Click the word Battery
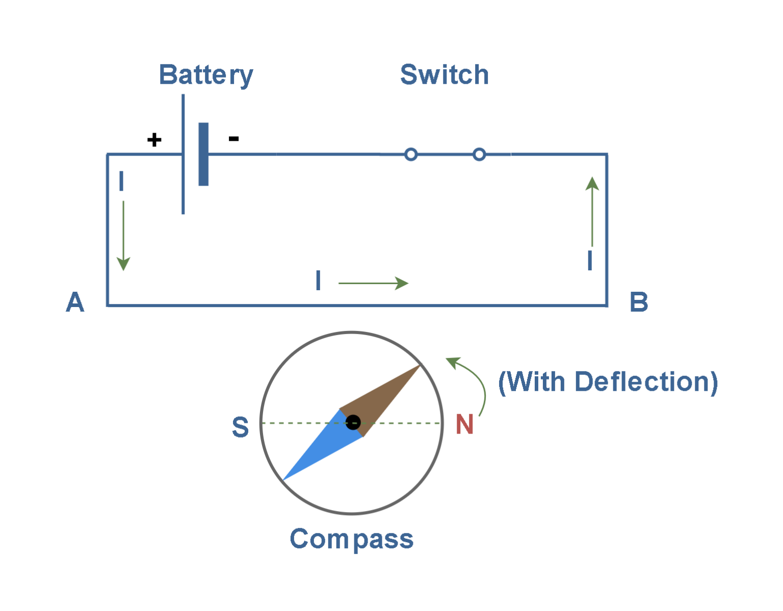(206, 75)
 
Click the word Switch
(444, 75)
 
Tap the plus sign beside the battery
(154, 140)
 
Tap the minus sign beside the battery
(234, 138)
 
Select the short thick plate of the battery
(203, 154)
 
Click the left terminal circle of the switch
(411, 155)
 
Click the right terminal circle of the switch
(479, 155)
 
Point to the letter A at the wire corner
(75, 302)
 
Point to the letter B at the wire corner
(639, 302)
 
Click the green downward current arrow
(123, 235)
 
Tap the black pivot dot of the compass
(353, 422)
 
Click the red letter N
(464, 424)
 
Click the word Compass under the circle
(351, 540)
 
